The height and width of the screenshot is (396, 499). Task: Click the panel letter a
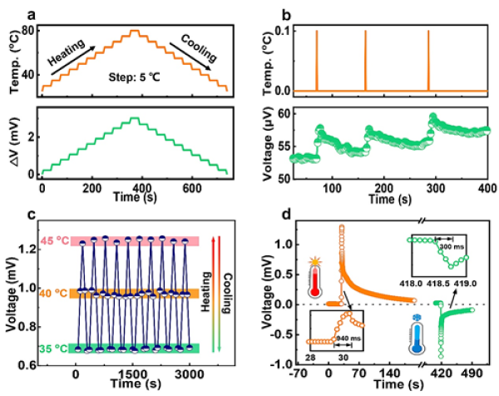[x=51, y=12]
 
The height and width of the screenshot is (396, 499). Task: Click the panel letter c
[x=52, y=214]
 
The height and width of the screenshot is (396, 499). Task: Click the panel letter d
[x=285, y=214]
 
